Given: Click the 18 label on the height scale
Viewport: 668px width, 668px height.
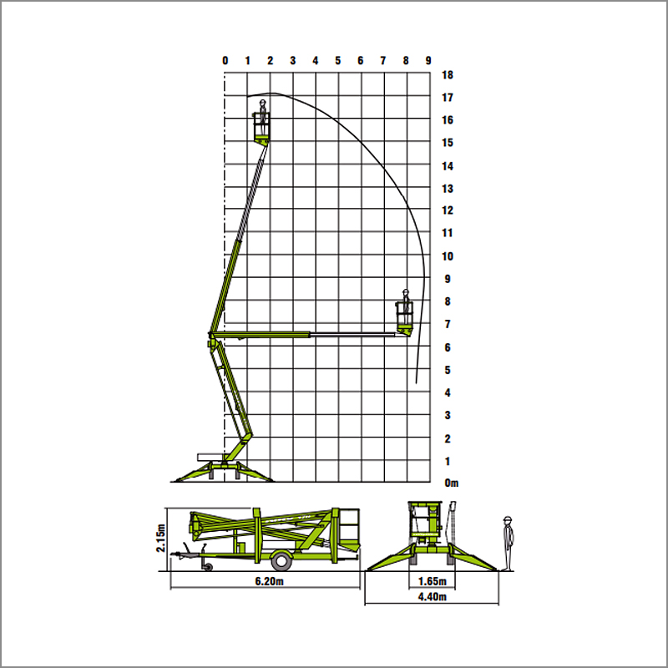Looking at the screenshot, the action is pos(448,75).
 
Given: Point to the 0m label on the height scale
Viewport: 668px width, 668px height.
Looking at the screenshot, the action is pos(451,483).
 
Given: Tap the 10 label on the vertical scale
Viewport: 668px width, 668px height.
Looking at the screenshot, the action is pos(448,256).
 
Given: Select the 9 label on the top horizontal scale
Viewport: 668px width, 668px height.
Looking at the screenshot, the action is pos(428,60).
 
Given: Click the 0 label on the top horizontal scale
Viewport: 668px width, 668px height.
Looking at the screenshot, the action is pos(225,60).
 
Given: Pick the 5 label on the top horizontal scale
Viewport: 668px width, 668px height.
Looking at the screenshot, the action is pos(338,60).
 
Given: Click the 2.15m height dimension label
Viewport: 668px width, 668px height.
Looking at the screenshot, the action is pos(160,538).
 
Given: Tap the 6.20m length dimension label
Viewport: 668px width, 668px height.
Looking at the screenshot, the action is pos(269,581).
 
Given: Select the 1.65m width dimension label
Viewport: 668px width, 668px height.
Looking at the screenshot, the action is pos(432,581).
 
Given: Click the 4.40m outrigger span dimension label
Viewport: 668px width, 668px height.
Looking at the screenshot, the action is pos(432,596).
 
